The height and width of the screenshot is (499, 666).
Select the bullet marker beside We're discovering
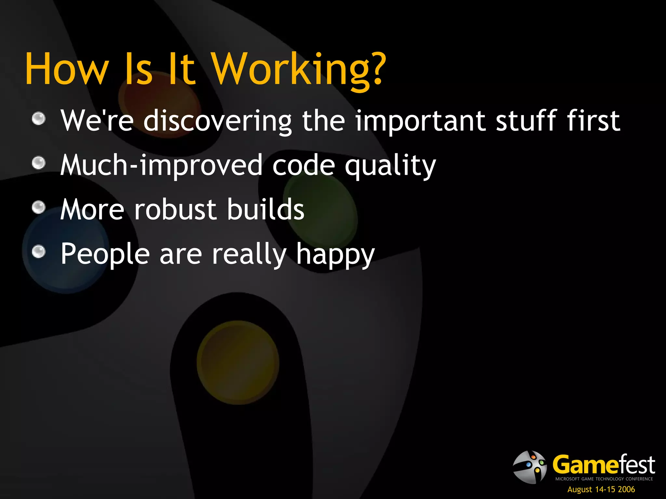pos(39,119)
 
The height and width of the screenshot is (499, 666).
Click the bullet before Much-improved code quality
pos(39,163)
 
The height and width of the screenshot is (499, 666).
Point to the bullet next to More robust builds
pos(39,207)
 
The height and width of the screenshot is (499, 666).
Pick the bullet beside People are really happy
pos(39,251)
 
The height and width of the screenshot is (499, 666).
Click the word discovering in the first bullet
pos(217,121)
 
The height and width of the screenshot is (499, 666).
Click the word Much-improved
pos(161,166)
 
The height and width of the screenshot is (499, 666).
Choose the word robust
pos(175,209)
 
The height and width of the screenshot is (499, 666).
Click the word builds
pos(265,209)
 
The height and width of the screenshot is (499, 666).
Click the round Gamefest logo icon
pos(530,467)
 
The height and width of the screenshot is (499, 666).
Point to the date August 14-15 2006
pos(601,489)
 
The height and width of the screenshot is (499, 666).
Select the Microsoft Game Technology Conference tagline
pos(604,479)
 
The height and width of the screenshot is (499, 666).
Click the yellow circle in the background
pos(238,362)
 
